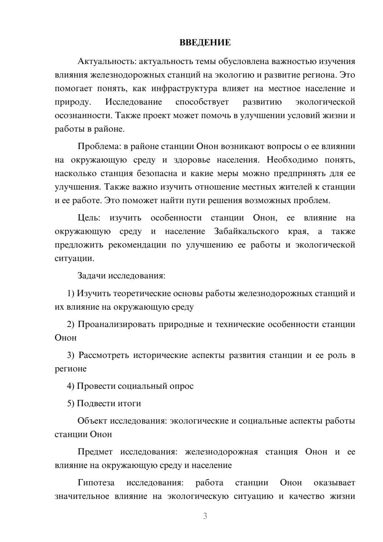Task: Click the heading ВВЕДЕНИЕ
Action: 205,43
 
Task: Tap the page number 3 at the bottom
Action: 205,516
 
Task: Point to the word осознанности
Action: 83,115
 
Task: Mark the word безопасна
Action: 156,173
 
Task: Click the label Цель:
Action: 89,218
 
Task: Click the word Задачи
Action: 92,276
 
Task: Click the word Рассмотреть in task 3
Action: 104,355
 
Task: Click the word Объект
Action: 92,421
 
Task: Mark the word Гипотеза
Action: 96,483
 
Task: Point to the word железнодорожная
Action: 221,452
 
